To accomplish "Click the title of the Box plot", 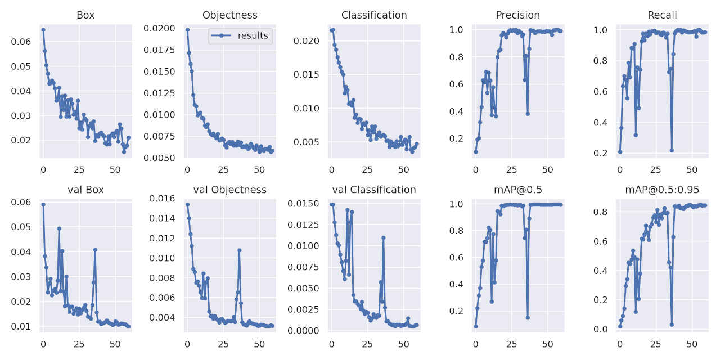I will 85,15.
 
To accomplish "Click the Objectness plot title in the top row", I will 229,15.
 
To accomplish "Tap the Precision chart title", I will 517,15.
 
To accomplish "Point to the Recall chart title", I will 662,15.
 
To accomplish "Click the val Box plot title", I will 85,190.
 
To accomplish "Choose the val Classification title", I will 374,190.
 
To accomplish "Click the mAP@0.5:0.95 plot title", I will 662,190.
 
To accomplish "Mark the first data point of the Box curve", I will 43,30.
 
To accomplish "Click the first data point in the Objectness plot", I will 187,30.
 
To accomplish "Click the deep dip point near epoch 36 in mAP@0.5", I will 528,317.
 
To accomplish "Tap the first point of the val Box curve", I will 43,204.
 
